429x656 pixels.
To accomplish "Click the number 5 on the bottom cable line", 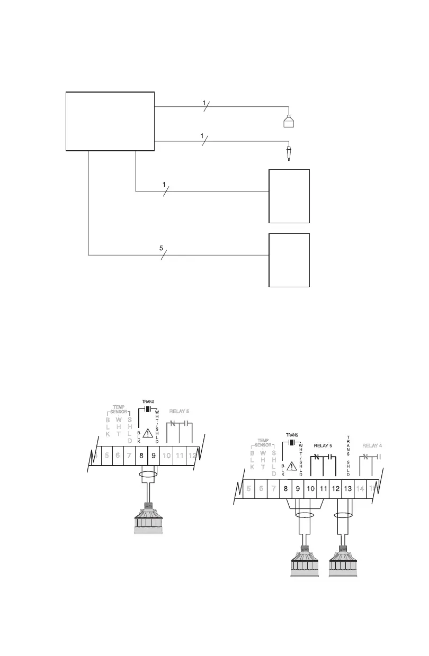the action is coord(162,247).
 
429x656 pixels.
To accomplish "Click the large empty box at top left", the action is coord(110,121).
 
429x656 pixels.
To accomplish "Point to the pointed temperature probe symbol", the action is coord(289,154).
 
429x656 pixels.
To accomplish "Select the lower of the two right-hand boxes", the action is coord(289,260).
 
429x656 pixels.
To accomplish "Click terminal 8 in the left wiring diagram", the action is coord(141,455).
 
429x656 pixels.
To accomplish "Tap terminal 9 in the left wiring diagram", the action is coord(154,455).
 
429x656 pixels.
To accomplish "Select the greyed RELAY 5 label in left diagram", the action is coord(179,411).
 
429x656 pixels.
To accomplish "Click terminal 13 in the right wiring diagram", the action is coord(348,489).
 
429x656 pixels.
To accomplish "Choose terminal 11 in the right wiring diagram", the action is coord(323,489).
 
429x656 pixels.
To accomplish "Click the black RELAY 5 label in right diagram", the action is coord(324,445).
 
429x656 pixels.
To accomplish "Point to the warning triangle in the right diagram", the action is coord(291,466).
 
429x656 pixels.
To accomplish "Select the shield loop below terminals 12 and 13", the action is coord(344,514).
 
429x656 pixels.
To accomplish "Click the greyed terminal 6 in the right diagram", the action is coord(261,489).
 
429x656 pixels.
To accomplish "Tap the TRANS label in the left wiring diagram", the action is coord(148,402).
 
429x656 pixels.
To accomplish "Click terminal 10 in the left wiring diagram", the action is coord(166,455).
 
